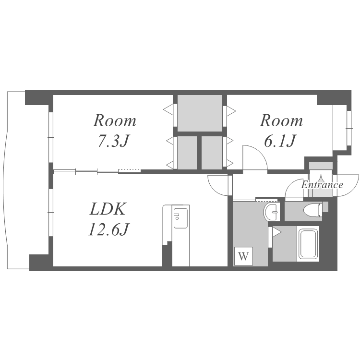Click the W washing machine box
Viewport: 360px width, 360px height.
click(243, 256)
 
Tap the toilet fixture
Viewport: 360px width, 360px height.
click(312, 209)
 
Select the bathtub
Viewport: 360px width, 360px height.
click(308, 243)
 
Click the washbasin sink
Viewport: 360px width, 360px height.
click(272, 212)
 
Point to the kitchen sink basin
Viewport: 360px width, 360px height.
click(180, 218)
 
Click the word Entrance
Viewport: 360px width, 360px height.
click(322, 185)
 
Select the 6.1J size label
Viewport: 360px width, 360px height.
click(280, 141)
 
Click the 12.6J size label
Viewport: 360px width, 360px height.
click(109, 229)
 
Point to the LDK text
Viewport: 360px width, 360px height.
click(108, 209)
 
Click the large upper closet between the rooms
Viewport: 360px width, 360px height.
click(200, 113)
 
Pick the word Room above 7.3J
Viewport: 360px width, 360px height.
click(115, 120)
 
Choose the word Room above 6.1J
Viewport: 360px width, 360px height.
click(281, 120)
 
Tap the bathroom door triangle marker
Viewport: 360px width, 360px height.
click(276, 232)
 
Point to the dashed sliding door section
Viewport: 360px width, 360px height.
click(130, 170)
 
